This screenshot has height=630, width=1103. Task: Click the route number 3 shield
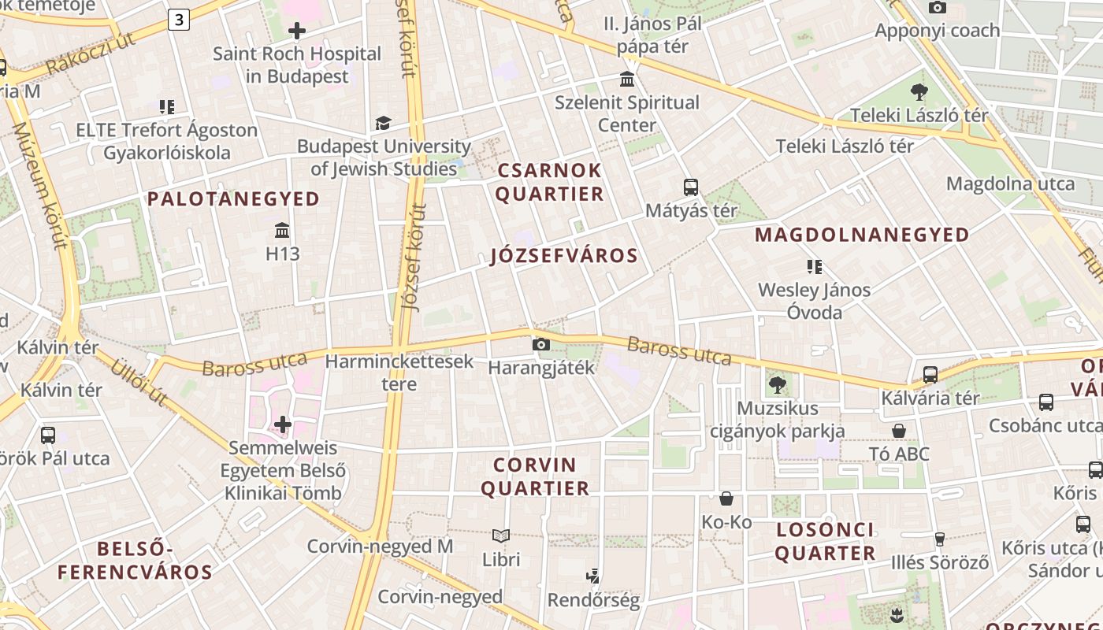(179, 20)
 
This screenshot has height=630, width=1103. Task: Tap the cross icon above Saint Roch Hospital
(297, 31)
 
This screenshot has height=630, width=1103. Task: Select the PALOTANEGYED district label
(233, 198)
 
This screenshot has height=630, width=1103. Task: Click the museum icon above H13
(282, 231)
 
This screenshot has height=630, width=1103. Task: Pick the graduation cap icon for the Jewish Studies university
(383, 124)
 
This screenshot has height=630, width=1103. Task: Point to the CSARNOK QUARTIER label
(549, 182)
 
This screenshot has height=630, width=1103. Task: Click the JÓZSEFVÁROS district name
(563, 256)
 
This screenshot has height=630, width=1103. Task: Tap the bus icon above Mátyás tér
(691, 187)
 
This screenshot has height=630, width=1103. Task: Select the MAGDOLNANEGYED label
(862, 235)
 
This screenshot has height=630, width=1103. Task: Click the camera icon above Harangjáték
(540, 344)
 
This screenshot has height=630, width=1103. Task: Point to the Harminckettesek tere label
(399, 372)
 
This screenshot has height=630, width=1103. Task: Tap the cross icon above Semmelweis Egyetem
(283, 425)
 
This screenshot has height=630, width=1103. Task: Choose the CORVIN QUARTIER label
(535, 476)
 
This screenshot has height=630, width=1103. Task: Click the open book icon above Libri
(501, 536)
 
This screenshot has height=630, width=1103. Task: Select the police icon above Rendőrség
(593, 576)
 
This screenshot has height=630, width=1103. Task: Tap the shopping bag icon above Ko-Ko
(726, 498)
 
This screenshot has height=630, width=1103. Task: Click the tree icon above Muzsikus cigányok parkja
(778, 385)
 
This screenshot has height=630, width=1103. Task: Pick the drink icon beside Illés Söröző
(939, 539)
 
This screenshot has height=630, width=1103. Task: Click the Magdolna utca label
(1010, 183)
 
